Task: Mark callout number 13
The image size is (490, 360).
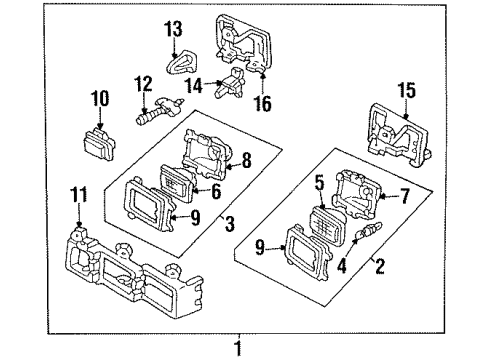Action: point(174,27)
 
